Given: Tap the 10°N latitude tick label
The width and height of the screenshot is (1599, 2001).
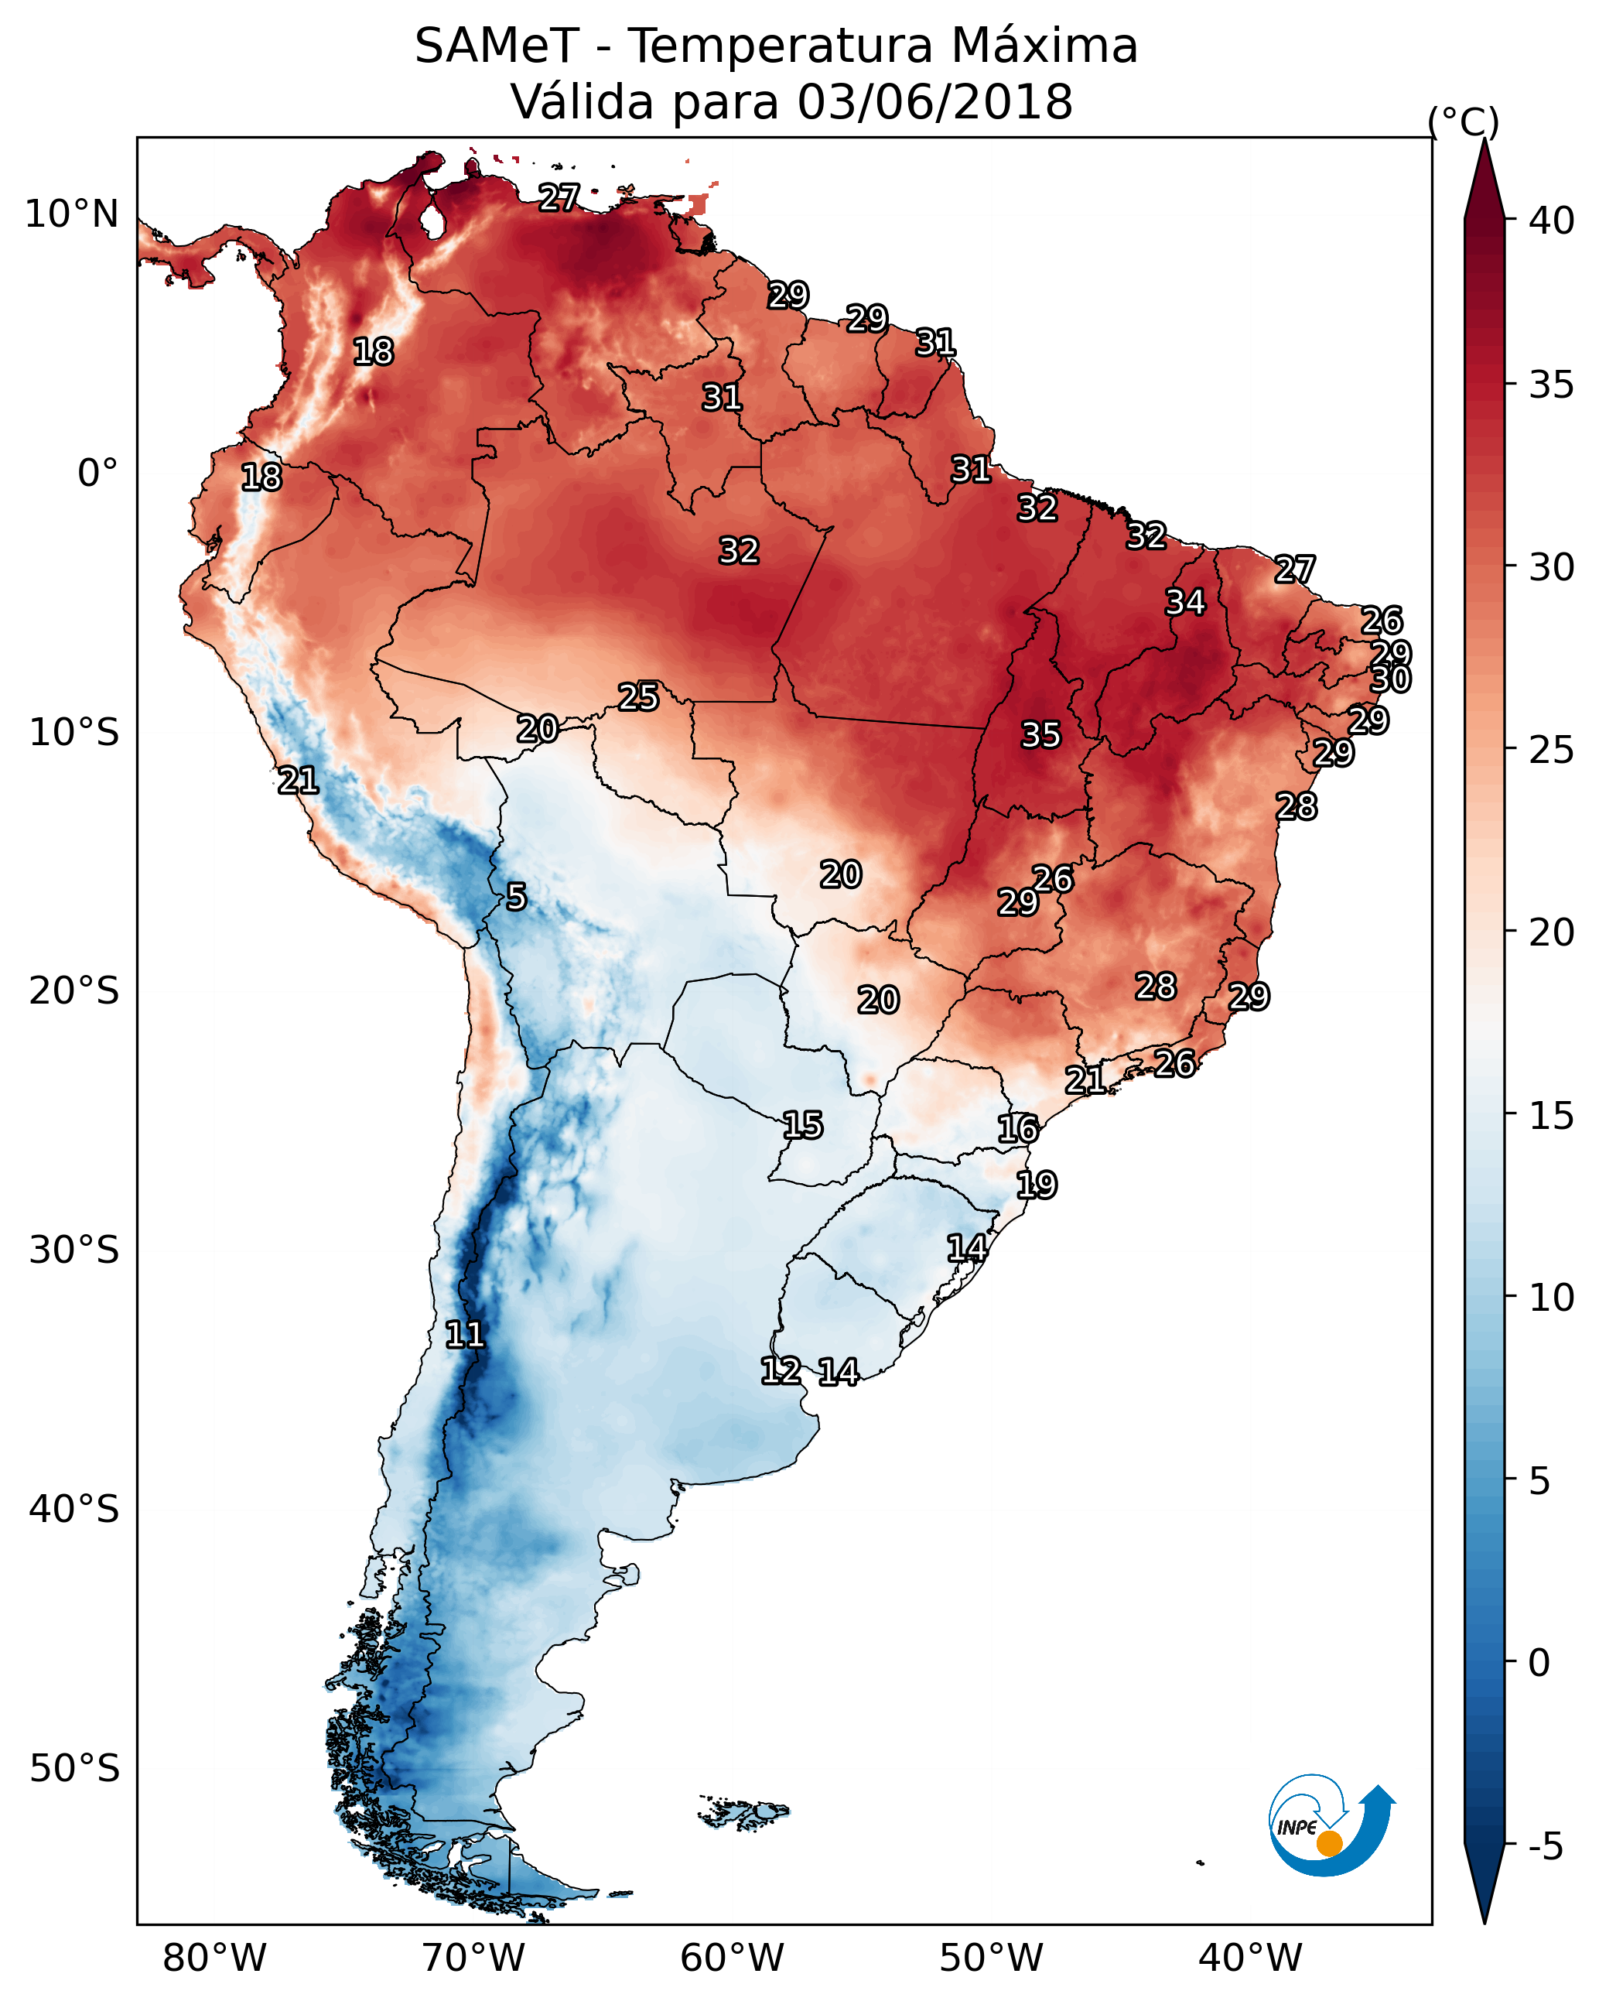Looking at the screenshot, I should [71, 214].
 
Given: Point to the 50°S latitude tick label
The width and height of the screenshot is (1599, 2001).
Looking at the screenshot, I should [74, 1768].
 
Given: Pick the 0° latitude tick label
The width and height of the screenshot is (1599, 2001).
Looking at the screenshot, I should [97, 474].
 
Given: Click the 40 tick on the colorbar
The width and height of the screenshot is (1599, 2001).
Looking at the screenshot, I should [1551, 221].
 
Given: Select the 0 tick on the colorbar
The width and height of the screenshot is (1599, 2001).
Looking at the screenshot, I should [1539, 1662].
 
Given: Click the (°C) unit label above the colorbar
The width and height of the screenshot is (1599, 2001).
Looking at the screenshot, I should [1464, 121].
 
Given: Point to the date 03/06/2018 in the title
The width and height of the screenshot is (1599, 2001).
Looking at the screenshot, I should [934, 102].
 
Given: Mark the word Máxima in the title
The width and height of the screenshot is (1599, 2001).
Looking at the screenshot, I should [1044, 46].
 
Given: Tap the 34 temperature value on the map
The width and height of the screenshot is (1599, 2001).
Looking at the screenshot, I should [1185, 602].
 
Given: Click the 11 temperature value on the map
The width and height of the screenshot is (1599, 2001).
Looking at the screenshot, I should [465, 1335].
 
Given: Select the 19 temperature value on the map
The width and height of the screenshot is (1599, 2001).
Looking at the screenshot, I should [1036, 1185].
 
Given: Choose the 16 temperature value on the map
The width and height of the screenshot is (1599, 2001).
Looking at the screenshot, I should [1017, 1130].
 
